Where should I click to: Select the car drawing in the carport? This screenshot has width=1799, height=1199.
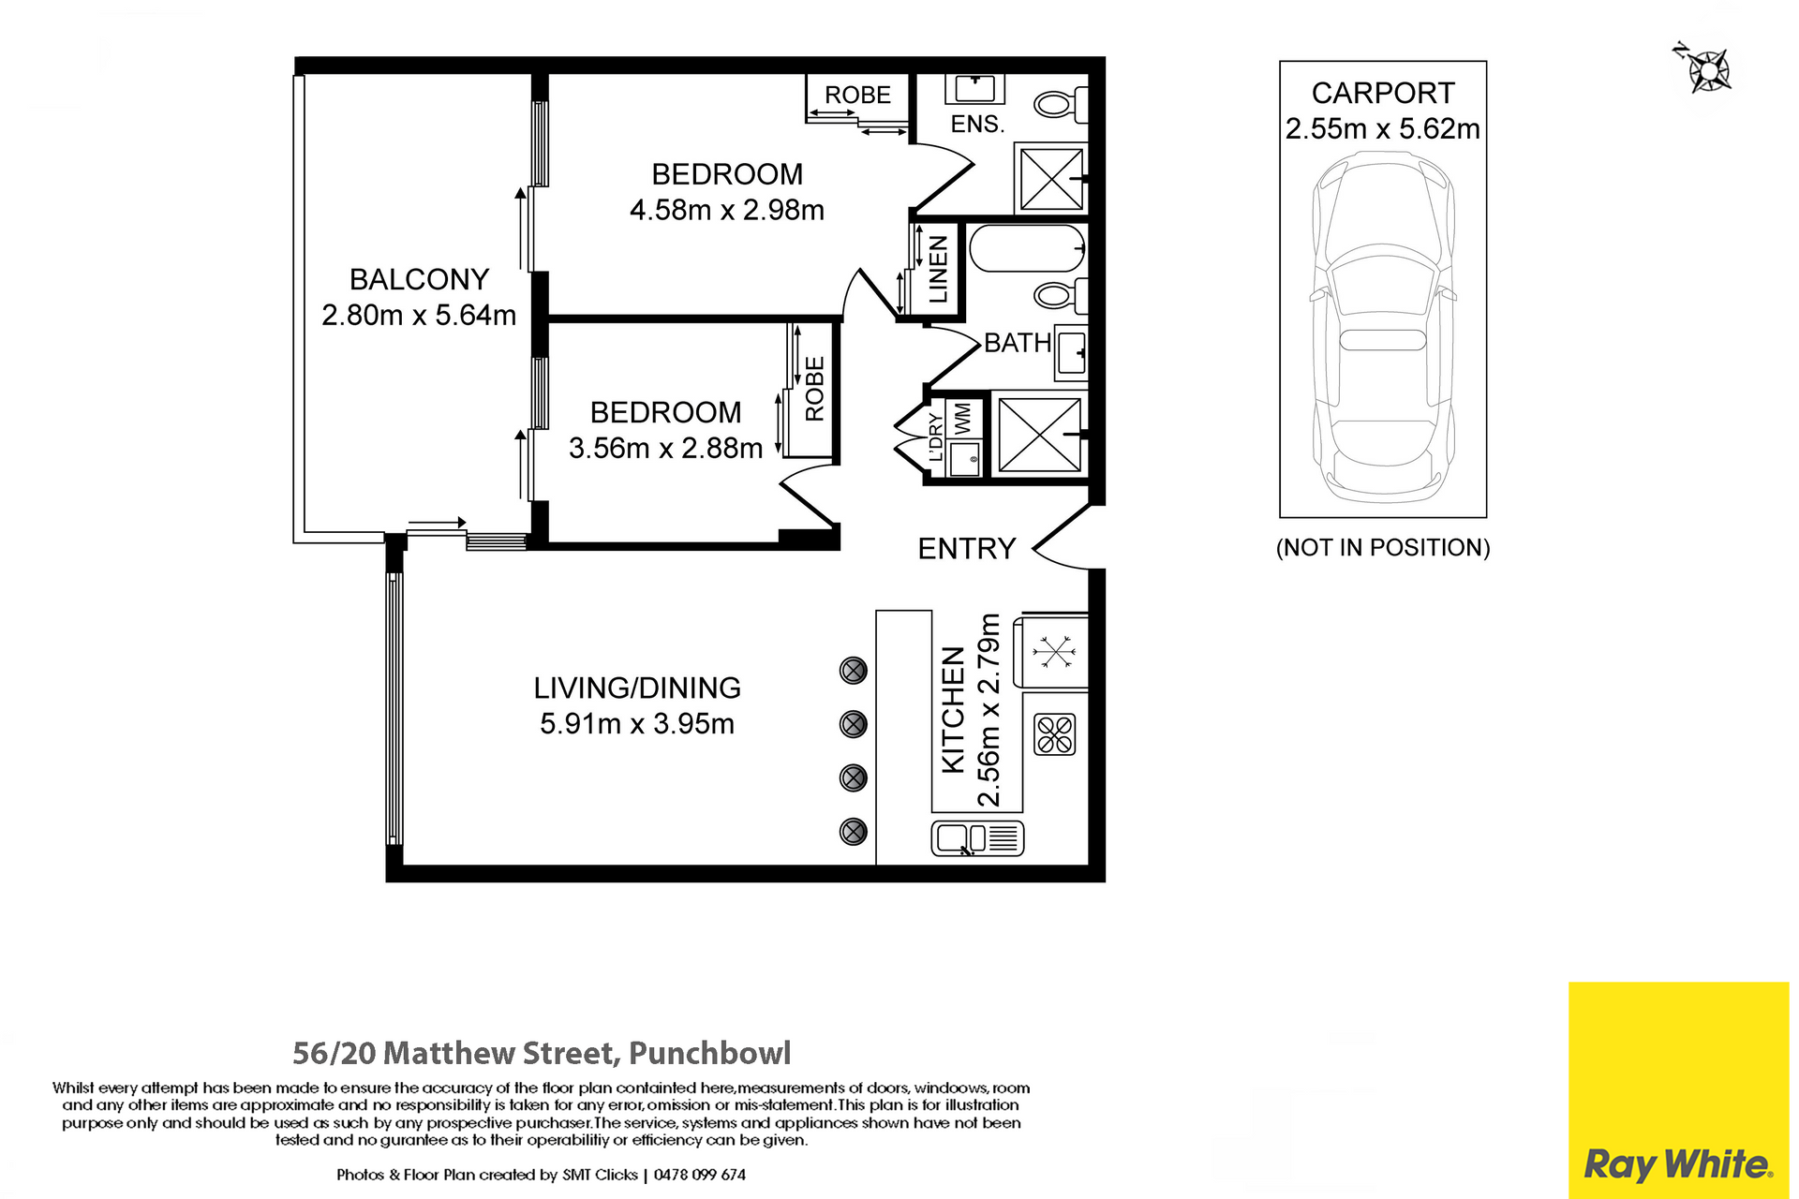[x=1383, y=329]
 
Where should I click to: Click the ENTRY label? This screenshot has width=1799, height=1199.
[x=967, y=548]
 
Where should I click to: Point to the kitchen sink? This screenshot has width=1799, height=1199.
[x=977, y=838]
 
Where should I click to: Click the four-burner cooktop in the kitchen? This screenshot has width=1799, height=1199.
[x=1055, y=734]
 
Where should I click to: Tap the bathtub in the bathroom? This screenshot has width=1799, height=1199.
[x=1027, y=248]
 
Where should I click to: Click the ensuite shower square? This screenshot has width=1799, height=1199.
[x=1051, y=178]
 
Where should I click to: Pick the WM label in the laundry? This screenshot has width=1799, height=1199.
[x=962, y=418]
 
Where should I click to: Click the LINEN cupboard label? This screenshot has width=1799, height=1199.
[x=938, y=269]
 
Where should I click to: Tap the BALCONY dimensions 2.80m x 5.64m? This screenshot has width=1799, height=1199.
[x=419, y=315]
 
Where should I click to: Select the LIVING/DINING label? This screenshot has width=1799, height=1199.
[x=637, y=688]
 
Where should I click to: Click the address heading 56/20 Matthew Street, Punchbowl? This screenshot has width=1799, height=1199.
[x=542, y=1053]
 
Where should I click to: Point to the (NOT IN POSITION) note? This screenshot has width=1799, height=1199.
[x=1383, y=547]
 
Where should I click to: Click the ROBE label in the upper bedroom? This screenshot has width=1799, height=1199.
[x=857, y=95]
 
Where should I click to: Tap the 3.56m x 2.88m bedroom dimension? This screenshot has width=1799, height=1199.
[x=665, y=448]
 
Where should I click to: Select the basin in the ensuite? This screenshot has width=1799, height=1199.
[x=974, y=89]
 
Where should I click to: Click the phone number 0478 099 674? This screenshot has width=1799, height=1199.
[x=700, y=1175]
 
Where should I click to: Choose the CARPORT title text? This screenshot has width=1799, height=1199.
[x=1383, y=94]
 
